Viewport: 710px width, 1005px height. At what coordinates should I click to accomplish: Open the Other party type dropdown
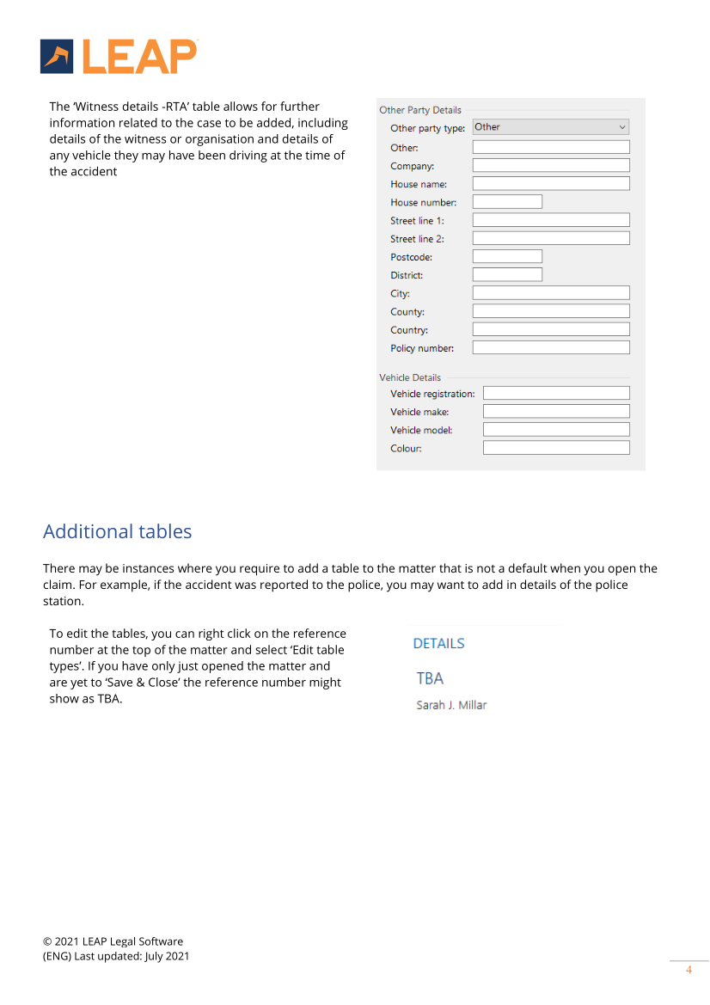pyautogui.click(x=551, y=127)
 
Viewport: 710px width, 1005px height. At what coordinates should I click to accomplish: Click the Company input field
pyautogui.click(x=551, y=165)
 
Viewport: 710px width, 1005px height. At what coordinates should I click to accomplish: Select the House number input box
pyautogui.click(x=507, y=202)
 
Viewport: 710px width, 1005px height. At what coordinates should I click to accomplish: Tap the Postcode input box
pyautogui.click(x=507, y=256)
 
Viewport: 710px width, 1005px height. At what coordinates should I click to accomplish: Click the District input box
pyautogui.click(x=507, y=275)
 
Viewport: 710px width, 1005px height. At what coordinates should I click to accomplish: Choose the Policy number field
pyautogui.click(x=551, y=348)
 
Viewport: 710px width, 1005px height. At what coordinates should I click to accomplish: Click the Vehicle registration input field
pyautogui.click(x=556, y=393)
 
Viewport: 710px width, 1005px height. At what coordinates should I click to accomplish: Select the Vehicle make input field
pyautogui.click(x=556, y=412)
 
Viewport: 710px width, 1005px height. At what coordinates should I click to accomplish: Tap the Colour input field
pyautogui.click(x=556, y=448)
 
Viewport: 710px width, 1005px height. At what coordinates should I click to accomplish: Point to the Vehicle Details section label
pyautogui.click(x=410, y=377)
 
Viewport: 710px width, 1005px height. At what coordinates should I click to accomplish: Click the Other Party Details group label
pyautogui.click(x=420, y=110)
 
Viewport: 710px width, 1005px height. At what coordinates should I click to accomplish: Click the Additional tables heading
pyautogui.click(x=118, y=531)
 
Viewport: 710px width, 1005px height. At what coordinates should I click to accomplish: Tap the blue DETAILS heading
pyautogui.click(x=438, y=643)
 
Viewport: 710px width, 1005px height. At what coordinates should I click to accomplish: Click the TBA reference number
pyautogui.click(x=430, y=678)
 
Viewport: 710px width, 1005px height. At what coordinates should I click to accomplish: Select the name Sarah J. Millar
pyautogui.click(x=451, y=706)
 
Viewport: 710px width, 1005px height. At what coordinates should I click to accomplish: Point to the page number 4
pyautogui.click(x=689, y=971)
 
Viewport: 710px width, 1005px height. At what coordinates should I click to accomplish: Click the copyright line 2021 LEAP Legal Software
pyautogui.click(x=113, y=941)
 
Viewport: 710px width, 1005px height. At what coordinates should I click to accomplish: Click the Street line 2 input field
pyautogui.click(x=551, y=238)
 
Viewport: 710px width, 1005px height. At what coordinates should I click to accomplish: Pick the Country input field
pyautogui.click(x=551, y=329)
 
